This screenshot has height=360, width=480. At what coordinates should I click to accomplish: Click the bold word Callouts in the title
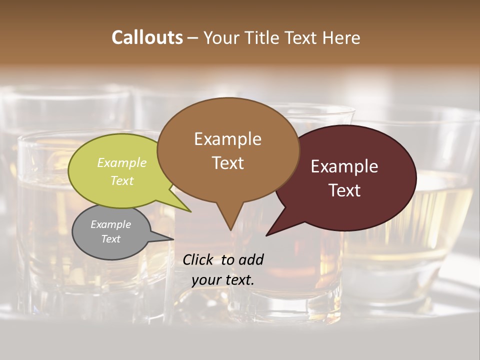147,37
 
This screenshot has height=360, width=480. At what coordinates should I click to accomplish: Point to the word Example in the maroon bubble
344,166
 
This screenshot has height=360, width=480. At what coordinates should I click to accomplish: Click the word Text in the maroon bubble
344,190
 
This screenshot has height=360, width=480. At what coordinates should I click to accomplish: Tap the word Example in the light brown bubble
227,139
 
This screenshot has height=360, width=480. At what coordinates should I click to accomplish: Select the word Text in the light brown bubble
227,163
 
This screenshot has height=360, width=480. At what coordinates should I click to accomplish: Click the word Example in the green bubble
122,162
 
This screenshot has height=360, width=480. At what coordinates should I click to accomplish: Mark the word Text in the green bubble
122,180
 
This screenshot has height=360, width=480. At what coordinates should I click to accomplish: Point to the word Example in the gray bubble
110,224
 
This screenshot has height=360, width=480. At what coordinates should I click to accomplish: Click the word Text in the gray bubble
110,239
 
